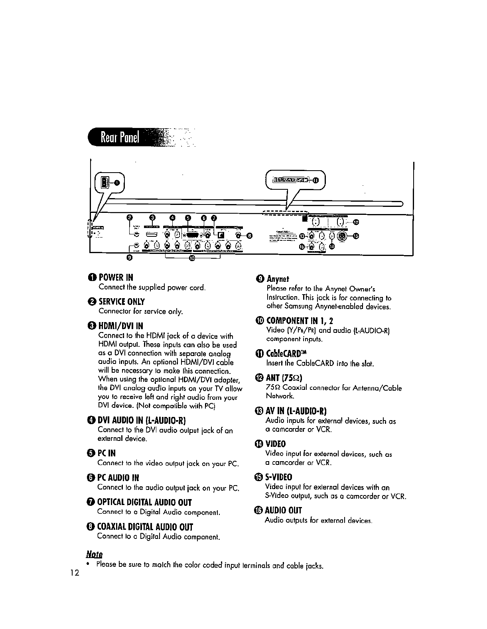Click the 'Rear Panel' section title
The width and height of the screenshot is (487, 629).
click(120, 138)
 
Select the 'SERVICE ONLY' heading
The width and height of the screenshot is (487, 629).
click(122, 302)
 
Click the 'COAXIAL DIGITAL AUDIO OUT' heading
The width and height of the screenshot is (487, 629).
click(146, 527)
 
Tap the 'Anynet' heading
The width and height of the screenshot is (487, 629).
click(278, 279)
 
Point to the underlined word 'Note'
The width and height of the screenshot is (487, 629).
click(94, 554)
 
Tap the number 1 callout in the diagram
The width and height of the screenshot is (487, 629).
click(116, 183)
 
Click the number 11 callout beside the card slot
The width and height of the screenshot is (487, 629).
click(316, 180)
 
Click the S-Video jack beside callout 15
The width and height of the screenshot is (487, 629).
click(341, 236)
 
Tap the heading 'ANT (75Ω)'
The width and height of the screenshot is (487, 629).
click(286, 377)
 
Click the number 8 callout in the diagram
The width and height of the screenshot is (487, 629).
click(249, 235)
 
